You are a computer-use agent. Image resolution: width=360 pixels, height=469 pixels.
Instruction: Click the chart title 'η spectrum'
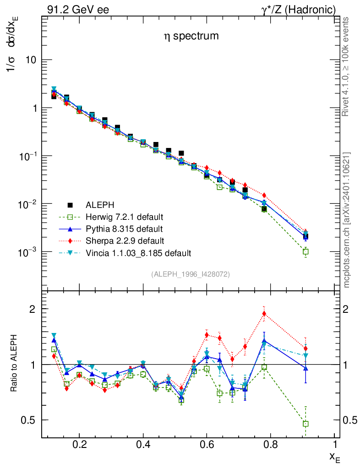pyautogui.click(x=191, y=36)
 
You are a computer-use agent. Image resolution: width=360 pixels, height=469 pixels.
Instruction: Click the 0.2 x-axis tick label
pyautogui.click(x=79, y=445)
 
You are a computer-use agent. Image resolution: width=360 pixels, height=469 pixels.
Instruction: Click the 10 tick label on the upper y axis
pyautogui.click(x=30, y=60)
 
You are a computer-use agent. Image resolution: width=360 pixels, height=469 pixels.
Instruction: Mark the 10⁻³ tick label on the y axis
pyautogui.click(x=27, y=252)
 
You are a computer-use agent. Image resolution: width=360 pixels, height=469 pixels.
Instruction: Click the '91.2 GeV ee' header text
pyautogui.click(x=78, y=10)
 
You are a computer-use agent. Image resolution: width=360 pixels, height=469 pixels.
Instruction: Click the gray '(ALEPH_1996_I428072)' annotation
pyautogui.click(x=190, y=274)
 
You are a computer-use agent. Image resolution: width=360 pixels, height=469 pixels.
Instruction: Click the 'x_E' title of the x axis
pyautogui.click(x=334, y=456)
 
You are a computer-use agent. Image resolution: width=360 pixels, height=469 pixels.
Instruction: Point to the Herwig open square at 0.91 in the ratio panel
pyautogui.click(x=305, y=424)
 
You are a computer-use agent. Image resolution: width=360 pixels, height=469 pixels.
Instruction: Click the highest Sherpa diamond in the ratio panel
pyautogui.click(x=264, y=314)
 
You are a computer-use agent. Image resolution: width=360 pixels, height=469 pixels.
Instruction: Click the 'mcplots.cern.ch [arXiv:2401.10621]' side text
pyautogui.click(x=347, y=220)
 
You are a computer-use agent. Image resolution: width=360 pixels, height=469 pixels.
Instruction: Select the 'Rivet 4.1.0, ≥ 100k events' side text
pyautogui.click(x=347, y=67)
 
